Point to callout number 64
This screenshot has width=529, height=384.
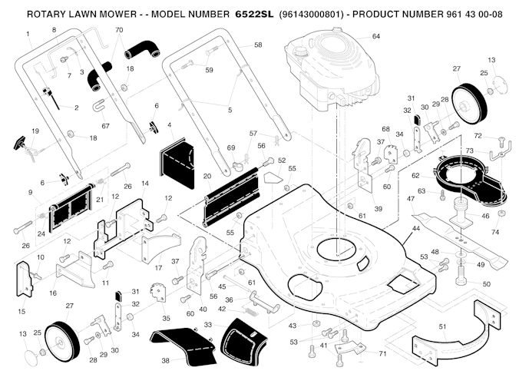(x=375, y=36)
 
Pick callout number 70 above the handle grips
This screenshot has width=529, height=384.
(x=118, y=30)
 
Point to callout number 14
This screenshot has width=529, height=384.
(x=144, y=184)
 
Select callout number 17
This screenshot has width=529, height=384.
(x=157, y=268)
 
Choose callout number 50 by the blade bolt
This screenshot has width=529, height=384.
(x=486, y=285)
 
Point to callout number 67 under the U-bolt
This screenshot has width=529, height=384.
(x=106, y=125)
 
